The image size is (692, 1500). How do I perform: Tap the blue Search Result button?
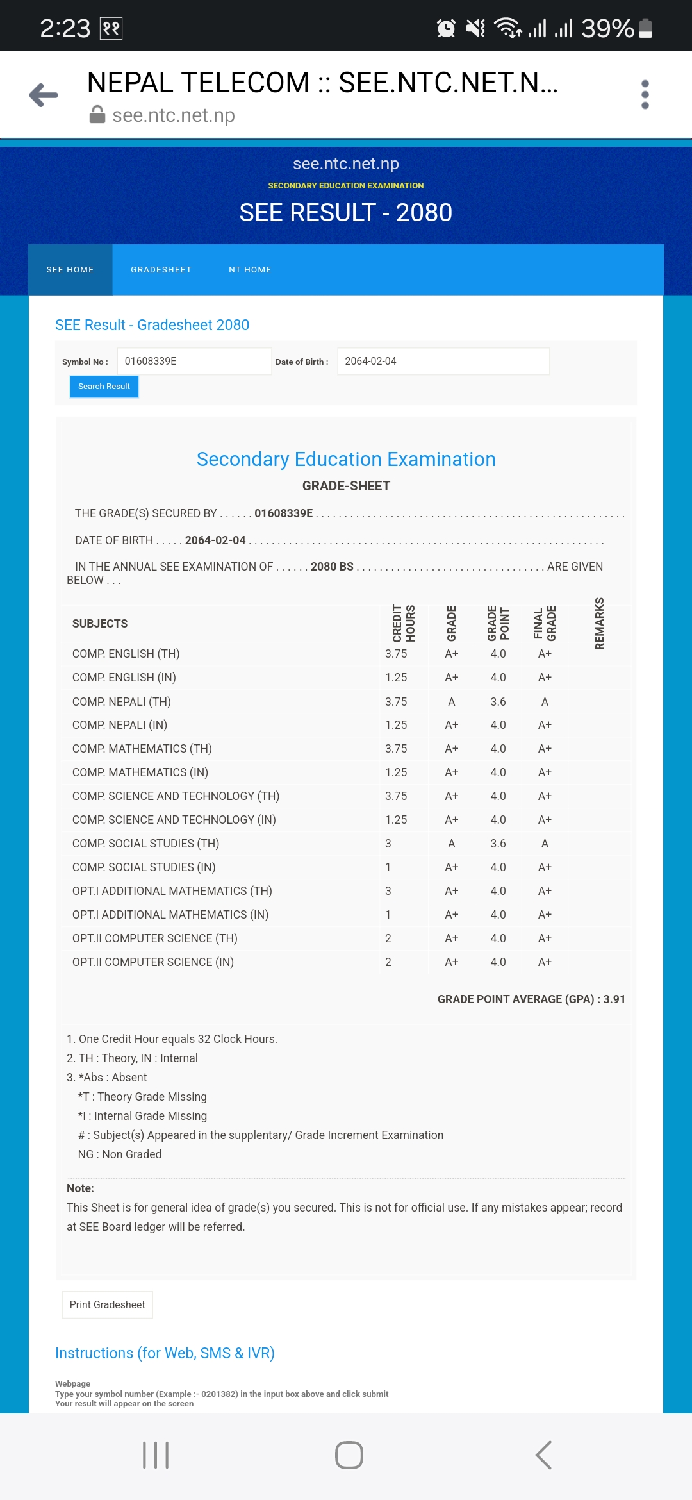coord(104,387)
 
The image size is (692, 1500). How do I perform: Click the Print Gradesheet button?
coord(107,1304)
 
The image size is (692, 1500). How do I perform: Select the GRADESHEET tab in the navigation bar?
coord(161,270)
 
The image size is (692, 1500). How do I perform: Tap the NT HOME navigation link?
coord(250,270)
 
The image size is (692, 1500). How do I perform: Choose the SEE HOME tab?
coord(70,270)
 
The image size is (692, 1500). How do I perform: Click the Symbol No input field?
coord(194,362)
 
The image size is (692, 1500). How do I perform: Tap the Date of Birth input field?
coord(443,362)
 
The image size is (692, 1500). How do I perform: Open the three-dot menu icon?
coord(645,95)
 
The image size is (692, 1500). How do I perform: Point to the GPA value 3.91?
coord(614,999)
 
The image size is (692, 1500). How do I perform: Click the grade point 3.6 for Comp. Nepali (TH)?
coord(498,702)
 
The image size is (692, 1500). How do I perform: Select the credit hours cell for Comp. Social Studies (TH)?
coord(388,844)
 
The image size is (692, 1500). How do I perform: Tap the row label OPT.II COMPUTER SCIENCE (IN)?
coord(153,962)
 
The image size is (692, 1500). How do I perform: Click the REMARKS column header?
coord(600,623)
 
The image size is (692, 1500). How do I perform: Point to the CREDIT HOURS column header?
coord(404,623)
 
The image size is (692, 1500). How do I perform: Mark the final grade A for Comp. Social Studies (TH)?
coord(545,844)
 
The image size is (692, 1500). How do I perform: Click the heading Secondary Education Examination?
coord(346,459)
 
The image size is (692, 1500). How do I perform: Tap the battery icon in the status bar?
coord(646,28)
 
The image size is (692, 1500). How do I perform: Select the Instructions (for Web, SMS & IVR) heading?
coord(165,1353)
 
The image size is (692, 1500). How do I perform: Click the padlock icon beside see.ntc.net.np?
coord(97,115)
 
